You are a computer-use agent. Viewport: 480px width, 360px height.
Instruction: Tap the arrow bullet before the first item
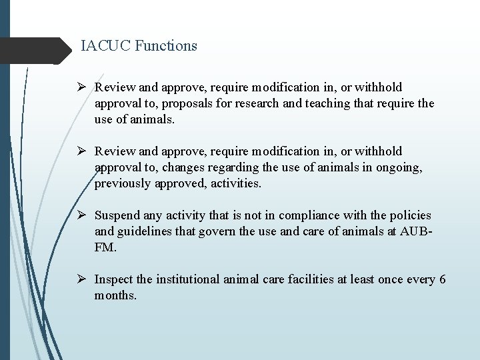[x=84, y=87]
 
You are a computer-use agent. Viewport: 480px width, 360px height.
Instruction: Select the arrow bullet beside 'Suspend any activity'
[x=84, y=215]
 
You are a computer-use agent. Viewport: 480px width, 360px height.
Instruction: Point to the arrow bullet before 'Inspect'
[x=84, y=279]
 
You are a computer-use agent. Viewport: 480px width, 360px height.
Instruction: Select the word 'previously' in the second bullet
[x=122, y=184]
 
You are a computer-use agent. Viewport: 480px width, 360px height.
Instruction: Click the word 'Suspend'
[x=117, y=215]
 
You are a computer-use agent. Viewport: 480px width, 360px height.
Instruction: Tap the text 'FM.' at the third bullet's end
[x=105, y=247]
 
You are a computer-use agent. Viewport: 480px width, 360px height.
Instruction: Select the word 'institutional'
[x=186, y=279]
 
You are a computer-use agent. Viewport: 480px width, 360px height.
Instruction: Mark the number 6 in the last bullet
[x=442, y=279]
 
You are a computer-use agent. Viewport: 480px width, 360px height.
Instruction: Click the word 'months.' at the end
[x=115, y=295]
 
